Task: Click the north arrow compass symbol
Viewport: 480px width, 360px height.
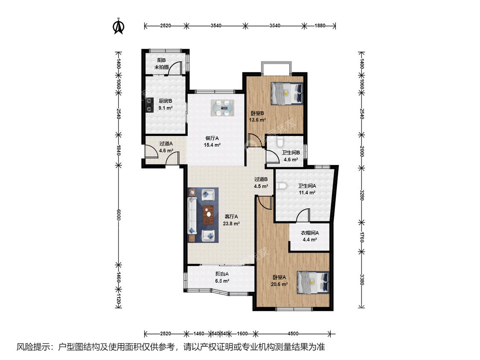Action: [x=119, y=26]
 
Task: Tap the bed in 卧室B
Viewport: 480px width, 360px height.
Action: [x=287, y=93]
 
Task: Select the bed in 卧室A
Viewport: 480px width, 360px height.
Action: [x=313, y=282]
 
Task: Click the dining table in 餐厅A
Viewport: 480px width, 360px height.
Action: [x=223, y=108]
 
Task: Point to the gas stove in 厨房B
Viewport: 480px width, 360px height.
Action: [x=150, y=105]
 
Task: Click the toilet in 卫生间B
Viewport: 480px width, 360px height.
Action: [x=280, y=142]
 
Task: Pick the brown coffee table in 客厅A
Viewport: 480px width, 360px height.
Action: [x=209, y=215]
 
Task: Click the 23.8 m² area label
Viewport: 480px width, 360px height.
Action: [x=231, y=224]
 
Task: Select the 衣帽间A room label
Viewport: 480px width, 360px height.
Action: [x=310, y=233]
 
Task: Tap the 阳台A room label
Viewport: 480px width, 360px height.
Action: [x=222, y=274]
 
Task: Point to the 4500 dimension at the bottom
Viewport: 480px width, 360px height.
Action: [x=293, y=334]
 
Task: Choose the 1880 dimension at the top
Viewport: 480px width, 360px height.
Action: [x=320, y=26]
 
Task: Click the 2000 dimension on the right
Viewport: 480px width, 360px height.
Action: [x=361, y=151]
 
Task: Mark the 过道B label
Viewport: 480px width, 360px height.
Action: [x=261, y=180]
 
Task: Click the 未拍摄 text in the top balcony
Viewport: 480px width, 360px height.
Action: [x=161, y=67]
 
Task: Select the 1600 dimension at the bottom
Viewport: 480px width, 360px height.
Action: [x=242, y=334]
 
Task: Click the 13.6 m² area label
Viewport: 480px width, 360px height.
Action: [x=257, y=120]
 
